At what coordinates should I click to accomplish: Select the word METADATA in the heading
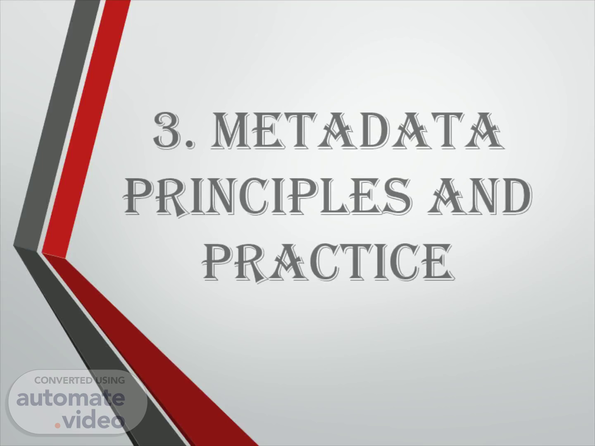(x=357, y=130)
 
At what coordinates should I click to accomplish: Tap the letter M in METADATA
(x=232, y=131)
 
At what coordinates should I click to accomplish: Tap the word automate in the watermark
(x=71, y=398)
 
